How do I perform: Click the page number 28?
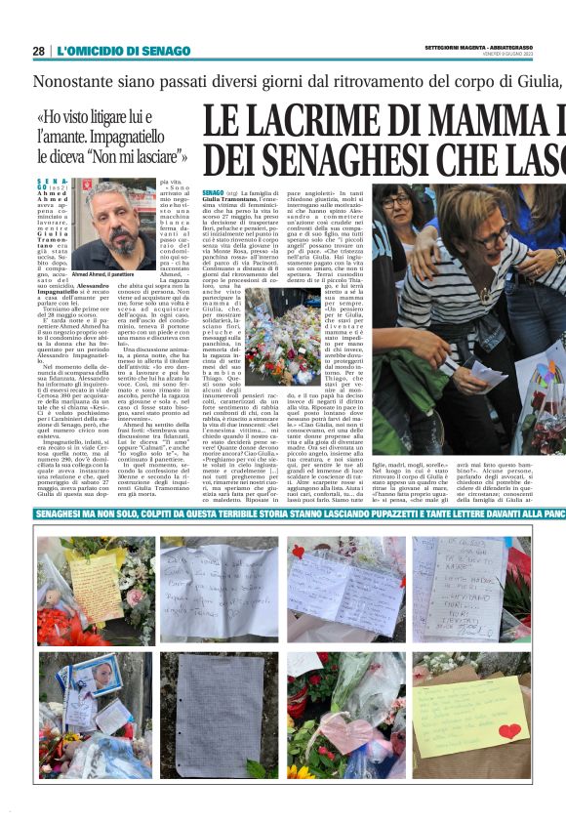coord(38,51)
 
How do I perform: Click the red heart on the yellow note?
coord(508,730)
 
